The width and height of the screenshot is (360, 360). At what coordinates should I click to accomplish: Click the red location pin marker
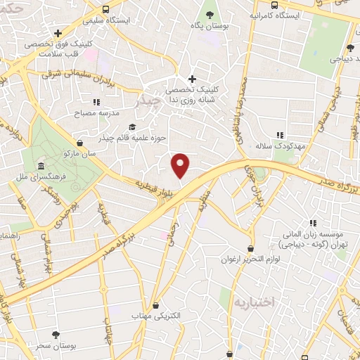pyautogui.click(x=181, y=165)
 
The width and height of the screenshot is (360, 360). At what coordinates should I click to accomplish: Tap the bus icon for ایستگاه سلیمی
pyautogui.click(x=105, y=9)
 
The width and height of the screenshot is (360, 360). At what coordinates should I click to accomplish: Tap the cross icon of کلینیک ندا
pyautogui.click(x=192, y=79)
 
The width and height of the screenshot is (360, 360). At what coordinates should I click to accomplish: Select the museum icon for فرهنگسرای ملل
pyautogui.click(x=41, y=166)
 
